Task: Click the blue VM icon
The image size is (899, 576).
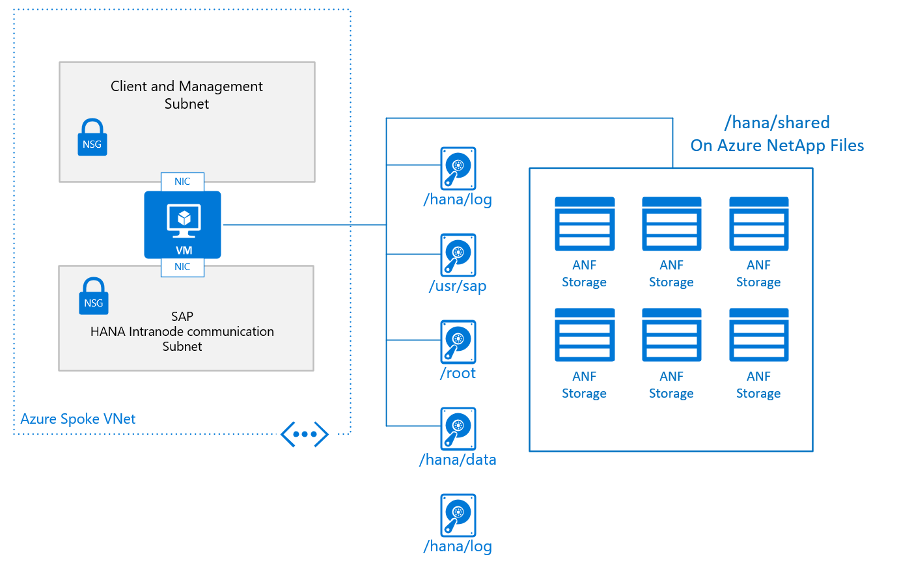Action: click(x=182, y=225)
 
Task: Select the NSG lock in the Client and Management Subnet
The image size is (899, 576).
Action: click(x=92, y=137)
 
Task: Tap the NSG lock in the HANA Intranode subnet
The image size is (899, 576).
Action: click(x=93, y=296)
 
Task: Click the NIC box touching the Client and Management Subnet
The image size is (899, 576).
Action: click(x=182, y=182)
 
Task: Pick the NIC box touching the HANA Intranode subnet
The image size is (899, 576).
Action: click(x=182, y=267)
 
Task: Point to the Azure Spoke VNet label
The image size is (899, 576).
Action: click(x=78, y=418)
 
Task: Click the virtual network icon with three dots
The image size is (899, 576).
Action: click(x=304, y=434)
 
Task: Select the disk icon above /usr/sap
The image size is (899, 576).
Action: click(x=458, y=255)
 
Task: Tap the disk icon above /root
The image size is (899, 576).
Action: click(x=458, y=342)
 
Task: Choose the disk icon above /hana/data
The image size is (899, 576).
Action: click(x=458, y=428)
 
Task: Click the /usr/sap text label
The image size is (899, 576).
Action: click(x=458, y=286)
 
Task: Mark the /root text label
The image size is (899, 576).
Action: click(x=458, y=373)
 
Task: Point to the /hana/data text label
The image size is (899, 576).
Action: click(x=458, y=459)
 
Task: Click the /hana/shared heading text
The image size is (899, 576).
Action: click(x=777, y=122)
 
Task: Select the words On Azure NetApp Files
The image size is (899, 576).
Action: click(x=777, y=145)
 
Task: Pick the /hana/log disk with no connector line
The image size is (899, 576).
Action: click(x=458, y=515)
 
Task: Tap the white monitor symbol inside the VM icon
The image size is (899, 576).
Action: click(x=184, y=219)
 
